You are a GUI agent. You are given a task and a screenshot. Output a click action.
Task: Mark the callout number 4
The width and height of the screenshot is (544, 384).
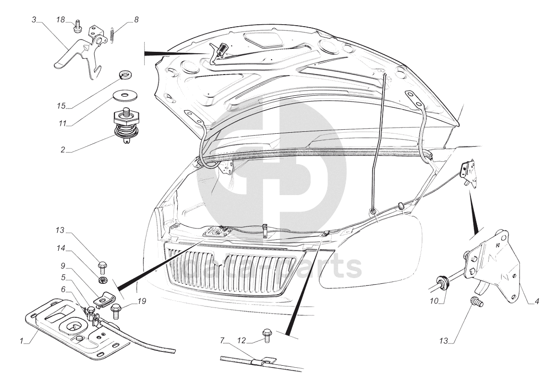(537, 301)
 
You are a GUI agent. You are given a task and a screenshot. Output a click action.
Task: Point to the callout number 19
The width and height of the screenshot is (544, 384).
(142, 301)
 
